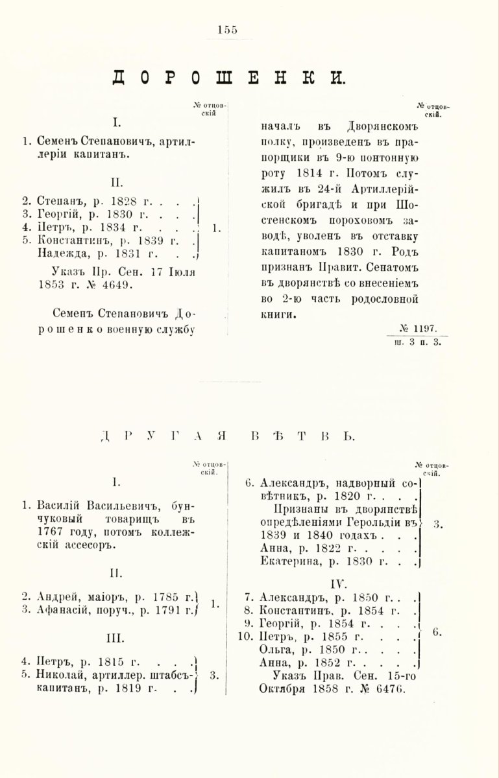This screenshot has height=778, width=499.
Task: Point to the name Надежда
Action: (62, 253)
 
